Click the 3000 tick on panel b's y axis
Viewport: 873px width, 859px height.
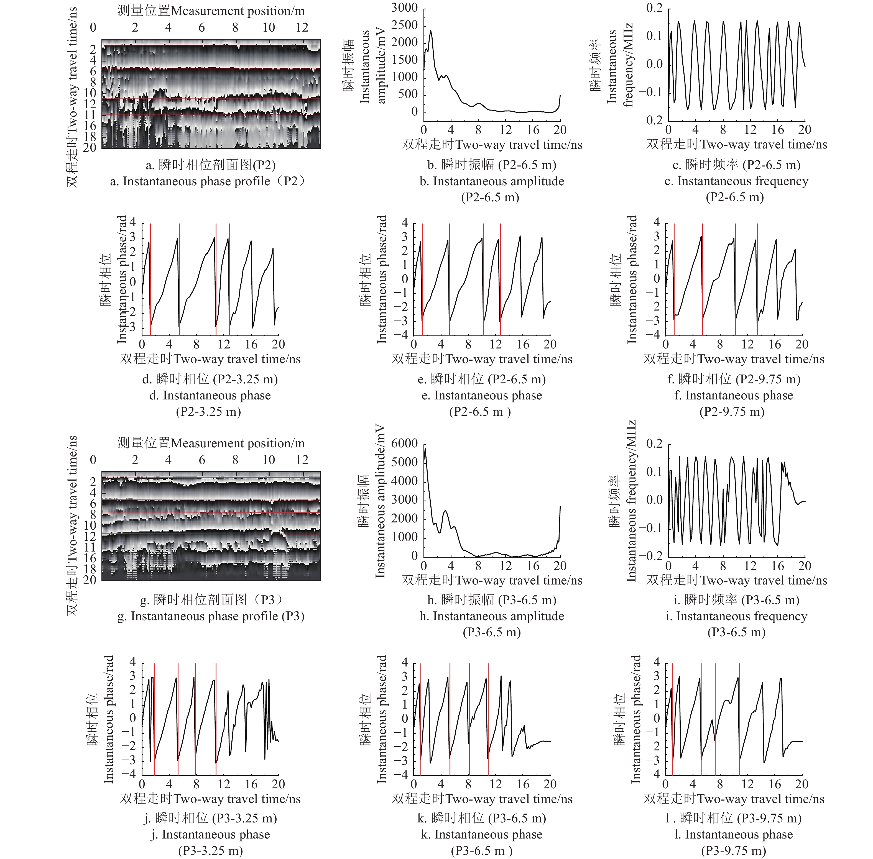pos(404,8)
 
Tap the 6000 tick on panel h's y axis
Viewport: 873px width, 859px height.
pos(404,443)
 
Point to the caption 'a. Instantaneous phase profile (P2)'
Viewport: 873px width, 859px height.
pos(208,181)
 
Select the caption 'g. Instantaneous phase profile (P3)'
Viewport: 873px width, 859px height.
pos(211,616)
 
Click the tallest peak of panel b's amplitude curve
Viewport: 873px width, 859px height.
pos(431,31)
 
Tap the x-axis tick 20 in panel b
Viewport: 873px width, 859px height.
pos(560,130)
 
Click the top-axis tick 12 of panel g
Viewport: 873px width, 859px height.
pos(302,460)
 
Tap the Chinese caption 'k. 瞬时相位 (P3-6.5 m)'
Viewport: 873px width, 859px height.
pos(482,818)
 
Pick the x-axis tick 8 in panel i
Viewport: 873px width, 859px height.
pos(723,566)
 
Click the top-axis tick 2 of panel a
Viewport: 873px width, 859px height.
pos(135,27)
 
